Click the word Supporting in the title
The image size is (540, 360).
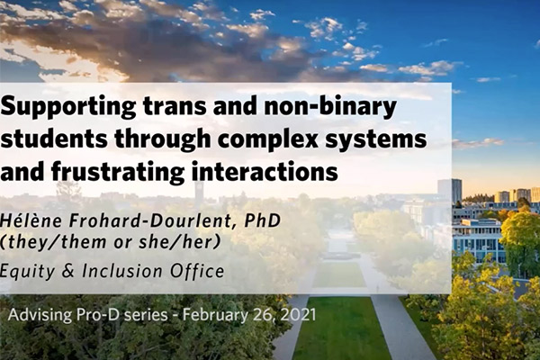67,107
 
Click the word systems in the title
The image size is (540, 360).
376,139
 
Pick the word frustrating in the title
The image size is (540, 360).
117,172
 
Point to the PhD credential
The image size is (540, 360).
263,220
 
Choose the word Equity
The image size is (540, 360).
27,272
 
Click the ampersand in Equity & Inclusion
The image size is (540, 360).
68,271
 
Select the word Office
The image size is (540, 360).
197,271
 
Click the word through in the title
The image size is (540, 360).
162,139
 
